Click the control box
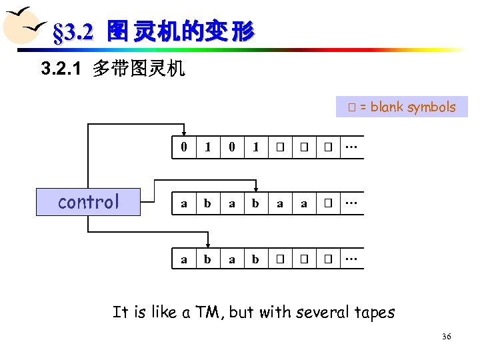(89, 202)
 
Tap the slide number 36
(446, 337)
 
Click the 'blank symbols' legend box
(401, 107)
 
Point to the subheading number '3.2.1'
(63, 69)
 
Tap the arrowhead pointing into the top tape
(184, 131)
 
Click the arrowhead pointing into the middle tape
(256, 187)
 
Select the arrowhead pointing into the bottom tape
(208, 243)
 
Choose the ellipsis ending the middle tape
(351, 203)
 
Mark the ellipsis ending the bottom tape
(351, 259)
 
